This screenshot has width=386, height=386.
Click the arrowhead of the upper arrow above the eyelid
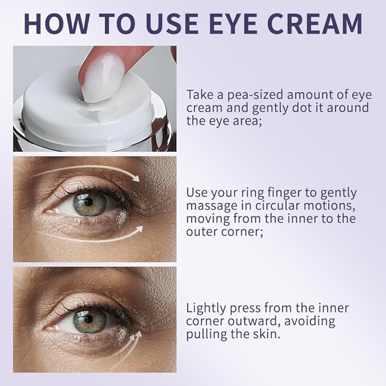[x=135, y=179]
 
